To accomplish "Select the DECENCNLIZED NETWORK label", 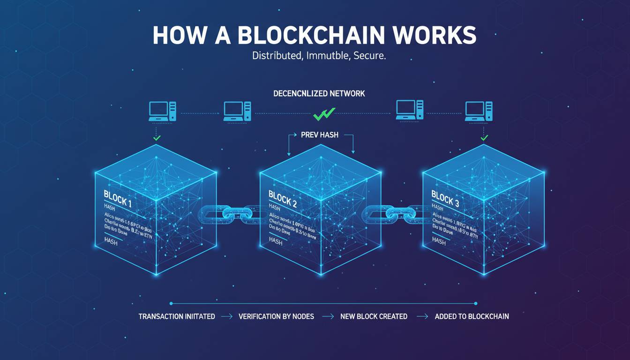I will [x=319, y=93].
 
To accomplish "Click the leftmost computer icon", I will [x=163, y=111].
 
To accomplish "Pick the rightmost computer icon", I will [x=479, y=111].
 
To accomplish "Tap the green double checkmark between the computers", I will [x=324, y=113].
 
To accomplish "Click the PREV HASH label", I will [x=320, y=135].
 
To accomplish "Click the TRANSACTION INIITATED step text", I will [x=177, y=316].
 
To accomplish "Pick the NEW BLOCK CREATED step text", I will [x=374, y=316].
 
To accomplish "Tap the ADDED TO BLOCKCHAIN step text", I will [x=472, y=316].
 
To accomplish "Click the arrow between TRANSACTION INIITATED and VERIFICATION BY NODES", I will [x=227, y=316].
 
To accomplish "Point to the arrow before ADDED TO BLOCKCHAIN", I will [x=422, y=316].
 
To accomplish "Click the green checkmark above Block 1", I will [x=157, y=138].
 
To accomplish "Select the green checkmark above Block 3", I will [x=484, y=138].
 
